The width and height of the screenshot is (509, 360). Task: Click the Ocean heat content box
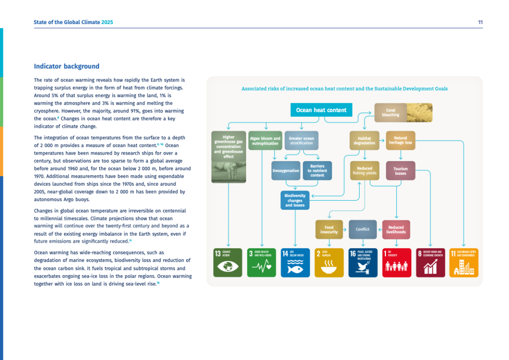pyautogui.click(x=321, y=110)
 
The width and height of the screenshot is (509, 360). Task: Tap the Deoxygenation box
pyautogui.click(x=286, y=171)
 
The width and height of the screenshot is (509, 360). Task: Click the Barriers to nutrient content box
pyautogui.click(x=317, y=171)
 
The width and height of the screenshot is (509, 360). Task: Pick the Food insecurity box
pyautogui.click(x=329, y=229)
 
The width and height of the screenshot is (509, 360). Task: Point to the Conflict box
pyautogui.click(x=362, y=229)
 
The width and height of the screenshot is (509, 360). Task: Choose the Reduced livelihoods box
pyautogui.click(x=396, y=229)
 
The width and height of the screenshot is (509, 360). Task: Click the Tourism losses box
pyautogui.click(x=401, y=171)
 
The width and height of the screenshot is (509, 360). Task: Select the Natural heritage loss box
pyautogui.click(x=401, y=140)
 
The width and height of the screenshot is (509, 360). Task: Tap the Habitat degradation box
pyautogui.click(x=364, y=140)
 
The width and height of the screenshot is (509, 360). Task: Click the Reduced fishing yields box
pyautogui.click(x=364, y=171)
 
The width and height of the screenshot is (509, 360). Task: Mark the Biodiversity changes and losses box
pyautogui.click(x=295, y=200)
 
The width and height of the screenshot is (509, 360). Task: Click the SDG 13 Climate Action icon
pyautogui.click(x=229, y=263)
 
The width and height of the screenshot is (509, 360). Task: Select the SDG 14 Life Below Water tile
pyautogui.click(x=295, y=263)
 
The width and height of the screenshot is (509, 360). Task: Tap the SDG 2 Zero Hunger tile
pyautogui.click(x=329, y=263)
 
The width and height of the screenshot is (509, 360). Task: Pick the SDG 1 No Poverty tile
pyautogui.click(x=396, y=263)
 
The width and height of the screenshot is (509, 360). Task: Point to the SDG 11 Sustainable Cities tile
pyautogui.click(x=464, y=263)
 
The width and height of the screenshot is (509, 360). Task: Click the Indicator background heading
pyautogui.click(x=66, y=66)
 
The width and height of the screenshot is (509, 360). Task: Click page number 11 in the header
pyautogui.click(x=480, y=22)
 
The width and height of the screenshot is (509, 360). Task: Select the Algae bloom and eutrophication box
pyautogui.click(x=265, y=140)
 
